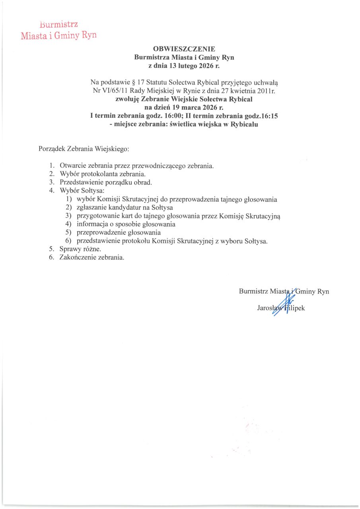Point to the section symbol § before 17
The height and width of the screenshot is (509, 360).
pos(132,83)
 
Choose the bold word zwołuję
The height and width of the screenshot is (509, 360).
pos(127,99)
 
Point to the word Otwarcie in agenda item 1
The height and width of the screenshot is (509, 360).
pos(72,165)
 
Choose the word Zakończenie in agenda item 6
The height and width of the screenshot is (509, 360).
pos(77,257)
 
